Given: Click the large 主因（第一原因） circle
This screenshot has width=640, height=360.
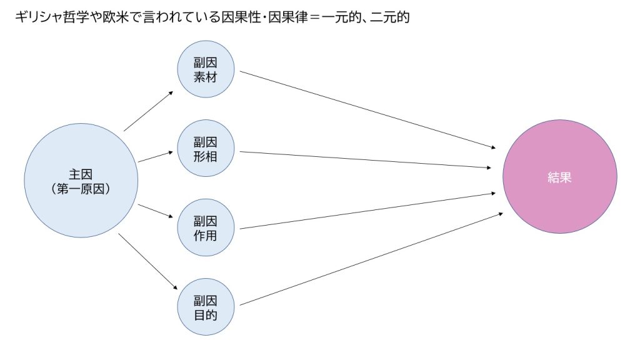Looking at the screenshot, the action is click(x=81, y=181).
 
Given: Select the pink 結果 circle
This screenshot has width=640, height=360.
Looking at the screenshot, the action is click(x=559, y=177).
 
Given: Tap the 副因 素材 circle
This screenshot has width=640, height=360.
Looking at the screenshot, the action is click(x=206, y=69).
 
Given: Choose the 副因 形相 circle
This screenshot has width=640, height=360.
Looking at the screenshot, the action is click(x=206, y=148).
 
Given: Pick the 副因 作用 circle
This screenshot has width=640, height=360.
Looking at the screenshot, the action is click(x=206, y=227).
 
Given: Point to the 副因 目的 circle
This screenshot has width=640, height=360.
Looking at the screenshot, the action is click(x=206, y=307).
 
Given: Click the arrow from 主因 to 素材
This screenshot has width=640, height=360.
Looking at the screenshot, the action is click(x=149, y=111).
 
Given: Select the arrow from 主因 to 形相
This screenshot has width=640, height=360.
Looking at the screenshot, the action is click(x=156, y=157).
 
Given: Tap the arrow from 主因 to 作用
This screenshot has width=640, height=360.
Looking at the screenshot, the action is click(x=156, y=211).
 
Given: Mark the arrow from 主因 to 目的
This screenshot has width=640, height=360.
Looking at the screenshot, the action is click(x=147, y=262).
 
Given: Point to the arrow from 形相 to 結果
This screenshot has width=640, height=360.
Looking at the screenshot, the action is click(x=365, y=159).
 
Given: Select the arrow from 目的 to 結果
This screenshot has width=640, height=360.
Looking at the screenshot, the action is click(x=371, y=259).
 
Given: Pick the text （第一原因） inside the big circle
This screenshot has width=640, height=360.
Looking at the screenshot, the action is click(x=81, y=189).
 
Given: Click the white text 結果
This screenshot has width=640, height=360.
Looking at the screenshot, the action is click(x=559, y=177).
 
